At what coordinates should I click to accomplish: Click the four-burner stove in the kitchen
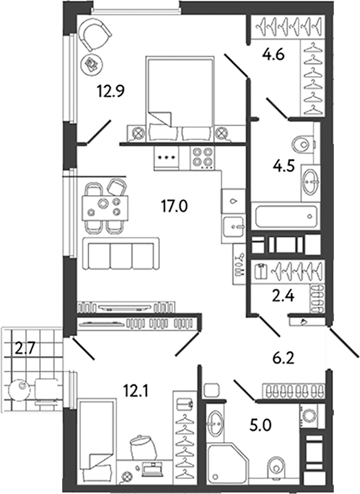coord(203,158)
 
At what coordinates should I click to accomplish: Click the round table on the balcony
coord(20,387)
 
